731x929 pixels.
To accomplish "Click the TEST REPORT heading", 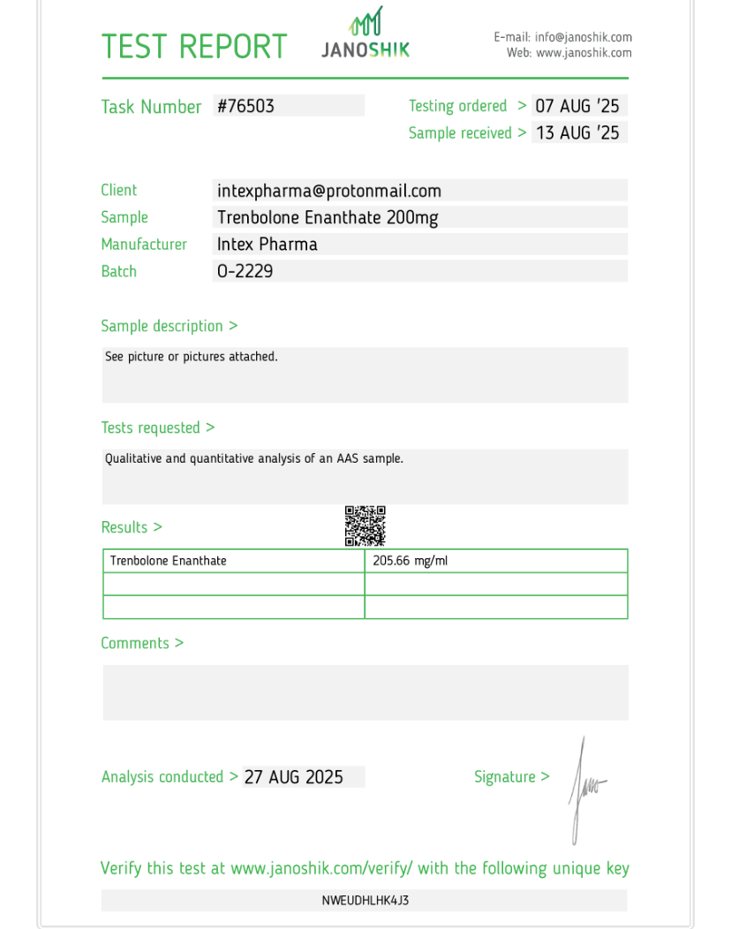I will tap(194, 46).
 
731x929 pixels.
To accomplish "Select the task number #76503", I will tap(246, 106).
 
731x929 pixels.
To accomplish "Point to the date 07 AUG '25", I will tap(577, 106).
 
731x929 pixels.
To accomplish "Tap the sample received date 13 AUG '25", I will tap(577, 132).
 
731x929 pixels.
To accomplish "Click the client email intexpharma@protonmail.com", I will tap(329, 191).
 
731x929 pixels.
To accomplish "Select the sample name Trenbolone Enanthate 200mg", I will tap(328, 217).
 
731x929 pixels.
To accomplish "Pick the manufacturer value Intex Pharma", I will tap(268, 244).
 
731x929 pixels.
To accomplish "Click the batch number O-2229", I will tap(245, 271).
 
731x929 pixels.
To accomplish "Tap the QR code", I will tap(365, 525).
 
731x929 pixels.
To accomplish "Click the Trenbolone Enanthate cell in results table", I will tap(169, 561).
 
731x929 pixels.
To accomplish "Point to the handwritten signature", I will tap(584, 788).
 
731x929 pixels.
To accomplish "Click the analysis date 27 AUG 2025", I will tap(294, 777).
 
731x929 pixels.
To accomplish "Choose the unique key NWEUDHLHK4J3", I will tap(365, 901).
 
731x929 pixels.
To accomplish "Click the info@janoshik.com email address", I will tap(584, 37).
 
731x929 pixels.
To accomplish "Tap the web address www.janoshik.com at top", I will tap(584, 53).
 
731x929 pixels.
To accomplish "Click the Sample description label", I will tap(169, 326).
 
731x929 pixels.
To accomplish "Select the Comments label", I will tap(142, 643).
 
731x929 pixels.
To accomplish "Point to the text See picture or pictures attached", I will tap(192, 357).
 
